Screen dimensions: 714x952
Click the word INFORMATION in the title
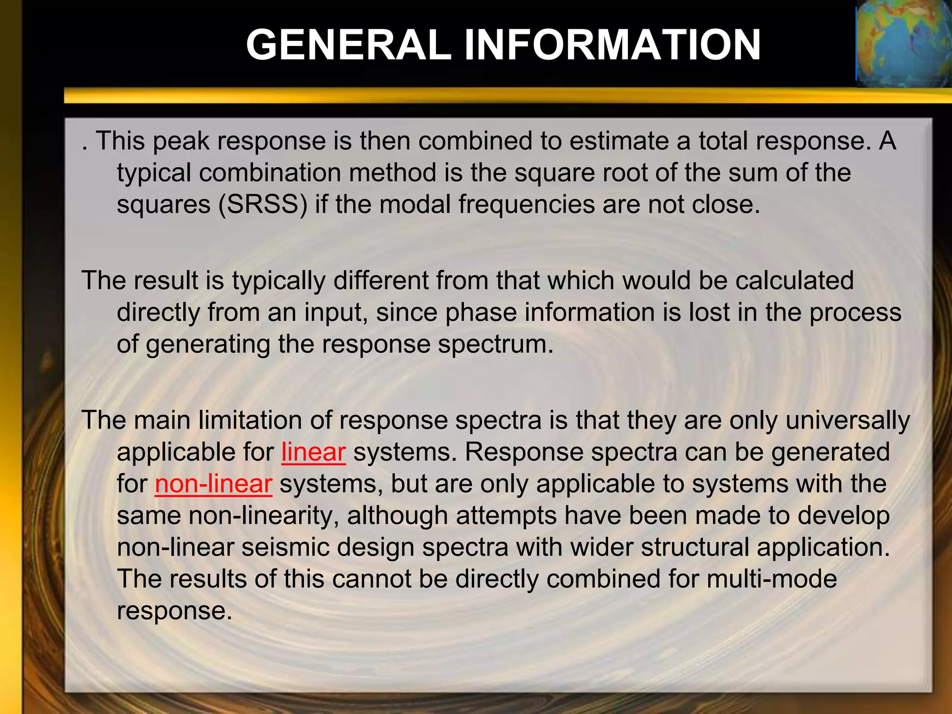coord(612,45)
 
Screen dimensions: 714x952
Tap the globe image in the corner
coord(904,44)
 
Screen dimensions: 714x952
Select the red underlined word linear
coord(314,452)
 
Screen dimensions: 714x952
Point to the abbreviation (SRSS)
coord(263,205)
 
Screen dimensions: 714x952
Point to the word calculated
coord(794,281)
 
